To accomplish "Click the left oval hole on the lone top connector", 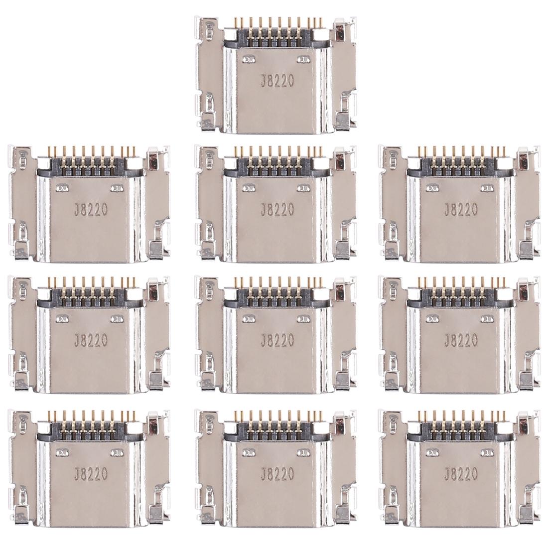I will click(x=246, y=59).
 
